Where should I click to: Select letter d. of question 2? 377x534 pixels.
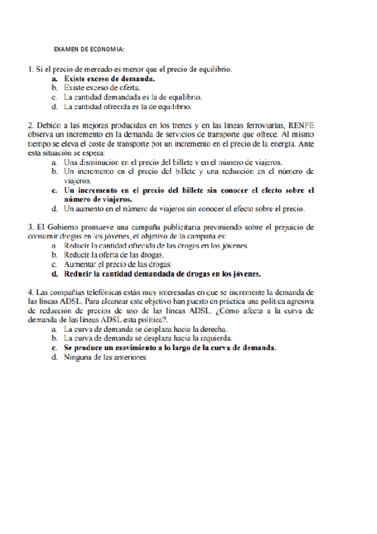[x=55, y=208]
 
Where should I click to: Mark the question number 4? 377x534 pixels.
[x=30, y=292]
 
